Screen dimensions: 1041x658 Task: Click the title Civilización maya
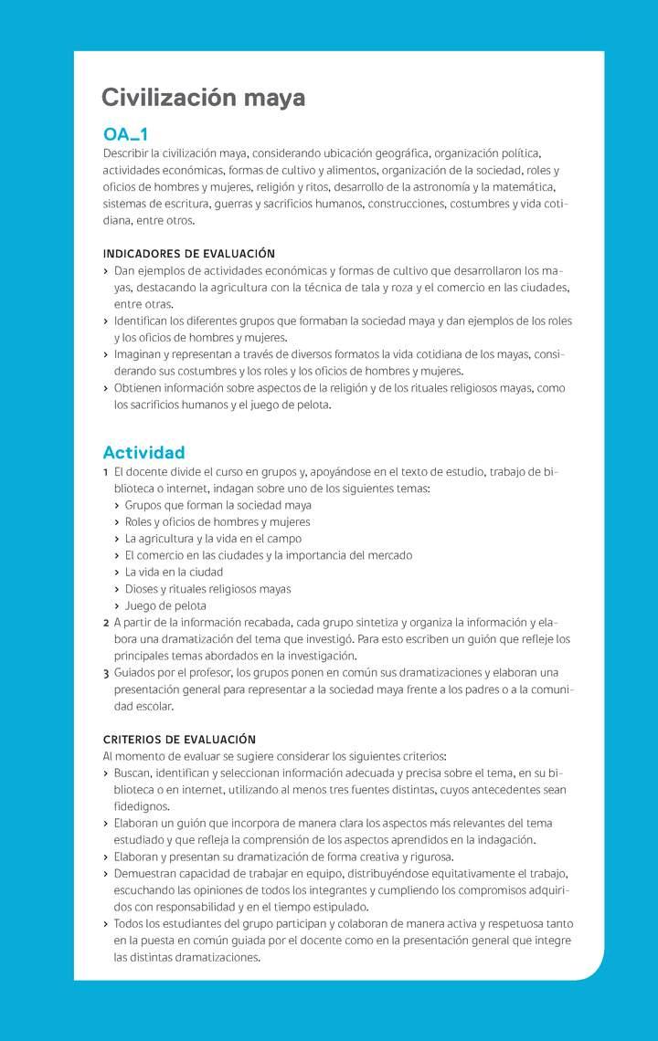[x=203, y=98]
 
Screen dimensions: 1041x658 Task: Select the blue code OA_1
[x=125, y=135]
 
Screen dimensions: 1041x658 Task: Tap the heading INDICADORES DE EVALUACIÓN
[x=189, y=253]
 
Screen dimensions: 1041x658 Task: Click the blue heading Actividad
[x=143, y=452]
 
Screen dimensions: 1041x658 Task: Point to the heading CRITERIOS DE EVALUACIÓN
[x=179, y=739]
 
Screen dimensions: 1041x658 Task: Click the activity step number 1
[x=106, y=472]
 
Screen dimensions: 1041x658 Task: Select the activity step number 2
[x=106, y=623]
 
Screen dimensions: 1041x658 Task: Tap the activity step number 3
[x=106, y=673]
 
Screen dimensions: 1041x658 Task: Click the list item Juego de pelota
[x=165, y=605]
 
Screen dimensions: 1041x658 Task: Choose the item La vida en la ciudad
[x=175, y=572]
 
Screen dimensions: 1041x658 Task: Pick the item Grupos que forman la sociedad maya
[x=218, y=505]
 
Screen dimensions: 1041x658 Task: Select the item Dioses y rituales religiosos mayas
[x=207, y=589]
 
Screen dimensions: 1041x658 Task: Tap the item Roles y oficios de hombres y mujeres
[x=218, y=522]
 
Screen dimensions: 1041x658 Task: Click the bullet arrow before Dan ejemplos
[x=106, y=271]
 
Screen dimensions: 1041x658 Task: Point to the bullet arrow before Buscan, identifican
[x=106, y=773]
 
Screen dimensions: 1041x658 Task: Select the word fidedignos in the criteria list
[x=142, y=806]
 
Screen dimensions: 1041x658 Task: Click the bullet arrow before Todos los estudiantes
[x=106, y=924]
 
